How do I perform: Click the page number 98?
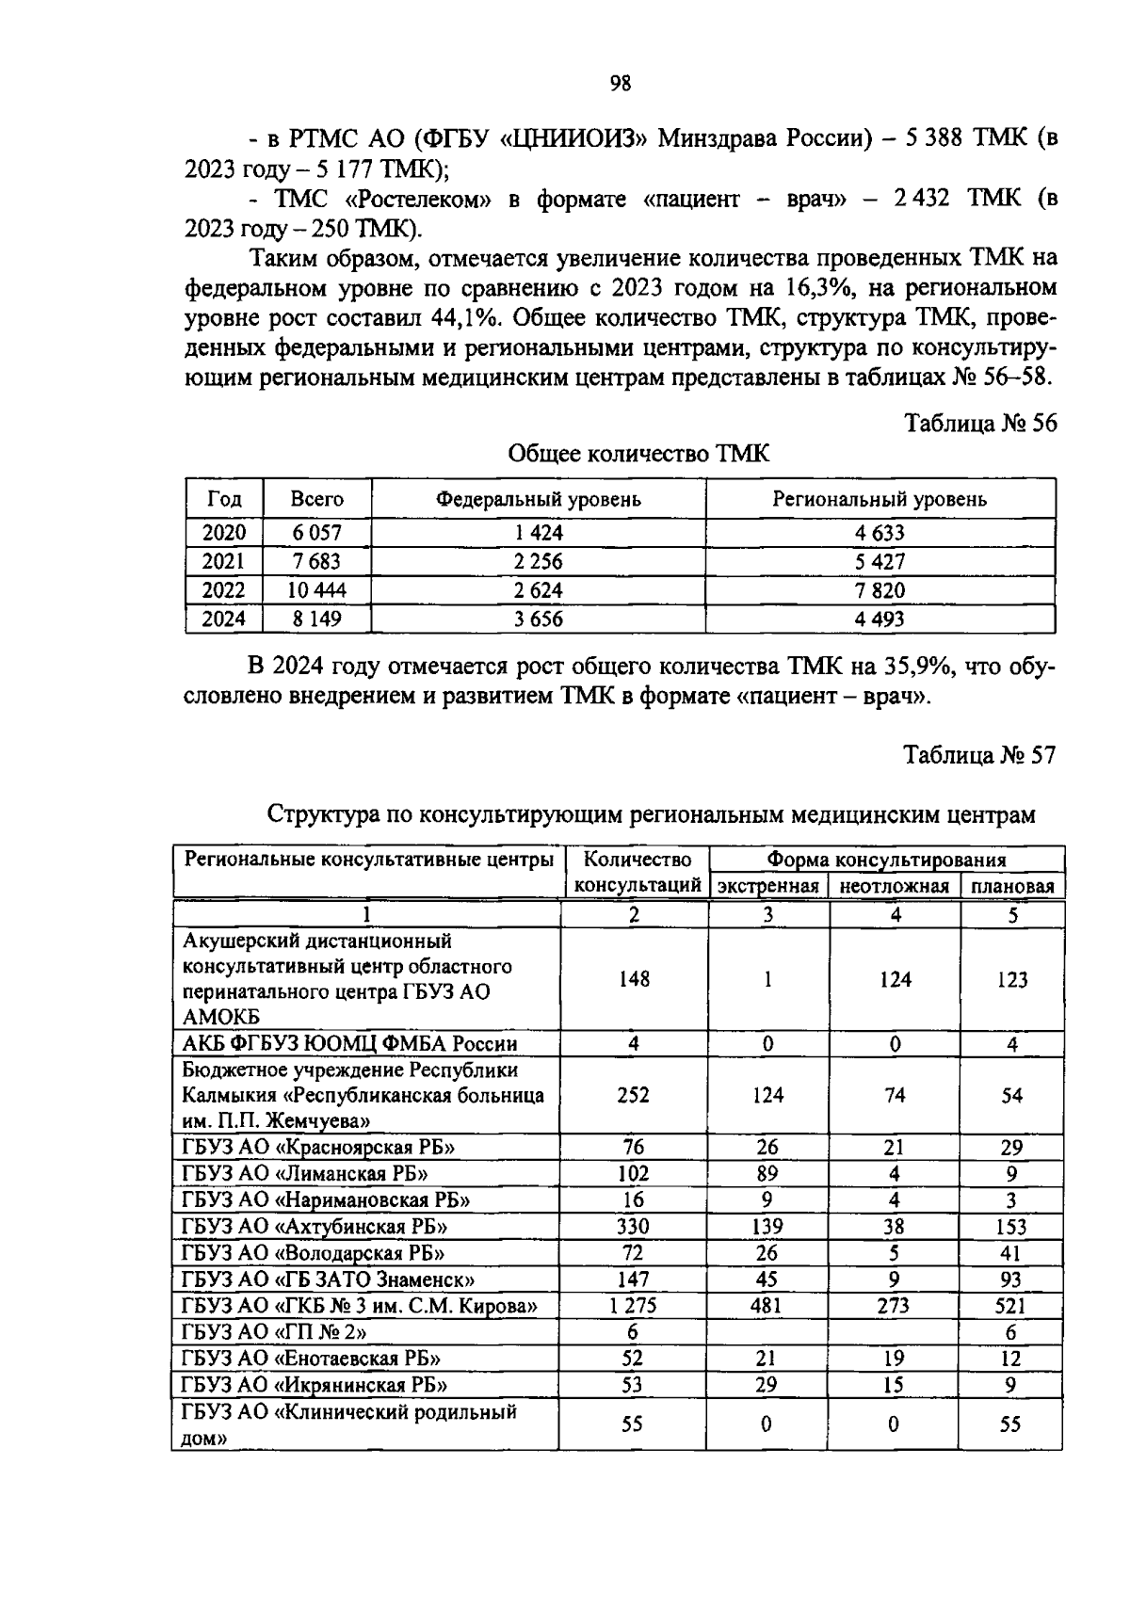coord(620,84)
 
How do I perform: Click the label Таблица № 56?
coord(979,423)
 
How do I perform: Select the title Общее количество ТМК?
coord(638,454)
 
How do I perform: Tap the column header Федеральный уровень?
coord(538,499)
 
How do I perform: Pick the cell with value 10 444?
coord(317,590)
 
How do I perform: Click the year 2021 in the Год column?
coord(224,562)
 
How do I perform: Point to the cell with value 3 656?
coord(539,619)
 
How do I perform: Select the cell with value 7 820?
coord(880,590)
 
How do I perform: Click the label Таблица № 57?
coord(979,755)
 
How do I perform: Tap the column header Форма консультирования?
coord(886,860)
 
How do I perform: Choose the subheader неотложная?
coord(894,886)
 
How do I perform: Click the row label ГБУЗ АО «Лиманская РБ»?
coord(305,1173)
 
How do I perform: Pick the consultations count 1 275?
coord(633,1306)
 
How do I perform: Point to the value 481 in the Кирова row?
coord(767,1306)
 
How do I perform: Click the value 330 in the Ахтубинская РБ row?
coord(633,1227)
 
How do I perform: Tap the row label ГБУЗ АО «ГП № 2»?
coord(274,1332)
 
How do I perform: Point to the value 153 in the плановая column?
coord(1011,1227)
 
